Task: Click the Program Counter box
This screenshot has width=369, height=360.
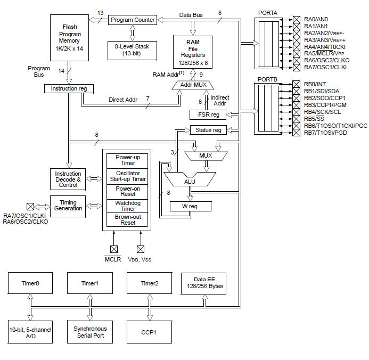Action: click(133, 20)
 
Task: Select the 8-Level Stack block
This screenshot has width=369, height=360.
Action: click(132, 51)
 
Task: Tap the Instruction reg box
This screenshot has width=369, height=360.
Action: click(69, 88)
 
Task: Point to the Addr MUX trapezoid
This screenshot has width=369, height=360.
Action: click(193, 85)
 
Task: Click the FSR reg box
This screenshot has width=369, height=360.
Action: click(208, 114)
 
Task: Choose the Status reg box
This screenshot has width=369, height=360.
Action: click(208, 130)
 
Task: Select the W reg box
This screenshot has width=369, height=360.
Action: click(191, 206)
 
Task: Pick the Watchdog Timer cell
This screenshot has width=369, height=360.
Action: click(127, 206)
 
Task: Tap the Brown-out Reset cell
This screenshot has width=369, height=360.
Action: click(127, 220)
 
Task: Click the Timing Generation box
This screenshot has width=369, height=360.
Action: click(68, 206)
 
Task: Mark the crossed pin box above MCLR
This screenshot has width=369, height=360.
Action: click(114, 249)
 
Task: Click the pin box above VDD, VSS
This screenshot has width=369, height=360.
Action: click(141, 249)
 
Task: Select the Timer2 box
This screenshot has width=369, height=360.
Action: click(150, 283)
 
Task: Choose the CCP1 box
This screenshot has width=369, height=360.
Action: click(149, 332)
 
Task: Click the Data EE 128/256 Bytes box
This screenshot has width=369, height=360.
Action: click(203, 283)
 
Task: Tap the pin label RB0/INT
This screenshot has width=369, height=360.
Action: click(315, 84)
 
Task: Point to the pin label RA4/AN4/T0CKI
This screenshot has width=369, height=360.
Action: click(325, 47)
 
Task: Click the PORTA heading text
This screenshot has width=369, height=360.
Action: click(268, 13)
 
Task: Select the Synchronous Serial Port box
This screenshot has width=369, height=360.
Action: click(90, 332)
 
